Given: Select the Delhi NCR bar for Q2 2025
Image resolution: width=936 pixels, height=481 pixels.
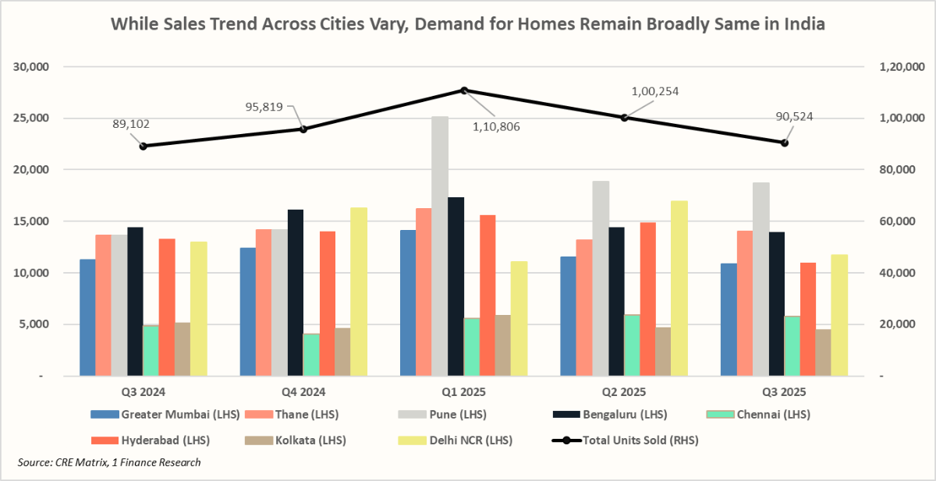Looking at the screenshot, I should click(x=679, y=288).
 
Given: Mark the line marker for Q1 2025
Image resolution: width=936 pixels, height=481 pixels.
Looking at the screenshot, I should click(x=464, y=90).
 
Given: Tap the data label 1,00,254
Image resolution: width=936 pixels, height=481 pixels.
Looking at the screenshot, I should click(x=654, y=91).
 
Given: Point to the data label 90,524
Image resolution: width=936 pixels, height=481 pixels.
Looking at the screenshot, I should click(x=789, y=117).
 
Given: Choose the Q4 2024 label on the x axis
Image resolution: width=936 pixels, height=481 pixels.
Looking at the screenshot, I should click(x=303, y=391).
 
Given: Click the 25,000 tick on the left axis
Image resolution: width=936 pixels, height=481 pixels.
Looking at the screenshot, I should click(x=32, y=118).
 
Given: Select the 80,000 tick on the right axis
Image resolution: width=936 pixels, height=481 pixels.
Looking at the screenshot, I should click(x=892, y=170).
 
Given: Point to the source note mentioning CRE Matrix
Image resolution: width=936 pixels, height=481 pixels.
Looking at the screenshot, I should click(x=108, y=463).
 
